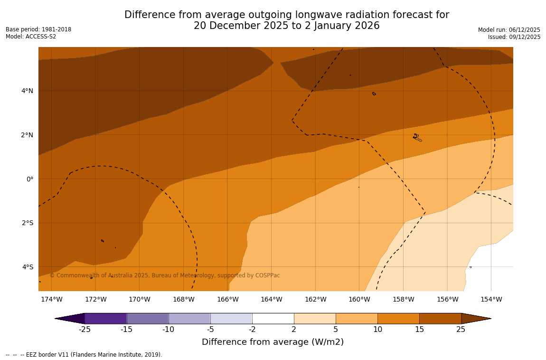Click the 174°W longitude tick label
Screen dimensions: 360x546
pos(51,299)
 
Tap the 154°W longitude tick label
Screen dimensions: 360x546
pos(491,299)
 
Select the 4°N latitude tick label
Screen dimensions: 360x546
pos(27,91)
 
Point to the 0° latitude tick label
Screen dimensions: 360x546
pos(29,179)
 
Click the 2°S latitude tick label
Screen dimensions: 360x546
pos(28,223)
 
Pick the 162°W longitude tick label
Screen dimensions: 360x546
pos(315,299)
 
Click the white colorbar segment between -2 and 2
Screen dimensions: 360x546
pos(273,318)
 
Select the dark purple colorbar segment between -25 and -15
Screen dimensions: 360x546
pos(105,318)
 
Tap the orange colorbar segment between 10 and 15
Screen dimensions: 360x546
pos(398,318)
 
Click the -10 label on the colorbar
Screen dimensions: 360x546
pos(168,330)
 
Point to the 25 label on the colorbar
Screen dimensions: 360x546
pos(461,330)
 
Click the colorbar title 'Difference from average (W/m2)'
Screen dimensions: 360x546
pos(273,342)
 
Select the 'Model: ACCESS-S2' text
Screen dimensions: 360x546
pos(31,37)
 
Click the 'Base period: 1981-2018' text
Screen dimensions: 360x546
pos(38,29)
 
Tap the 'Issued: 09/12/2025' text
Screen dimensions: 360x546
pos(514,37)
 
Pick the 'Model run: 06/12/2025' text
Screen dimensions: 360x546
pos(509,30)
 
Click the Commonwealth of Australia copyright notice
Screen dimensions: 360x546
pos(165,275)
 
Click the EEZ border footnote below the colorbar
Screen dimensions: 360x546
pos(84,355)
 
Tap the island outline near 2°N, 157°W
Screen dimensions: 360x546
pos(417,137)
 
